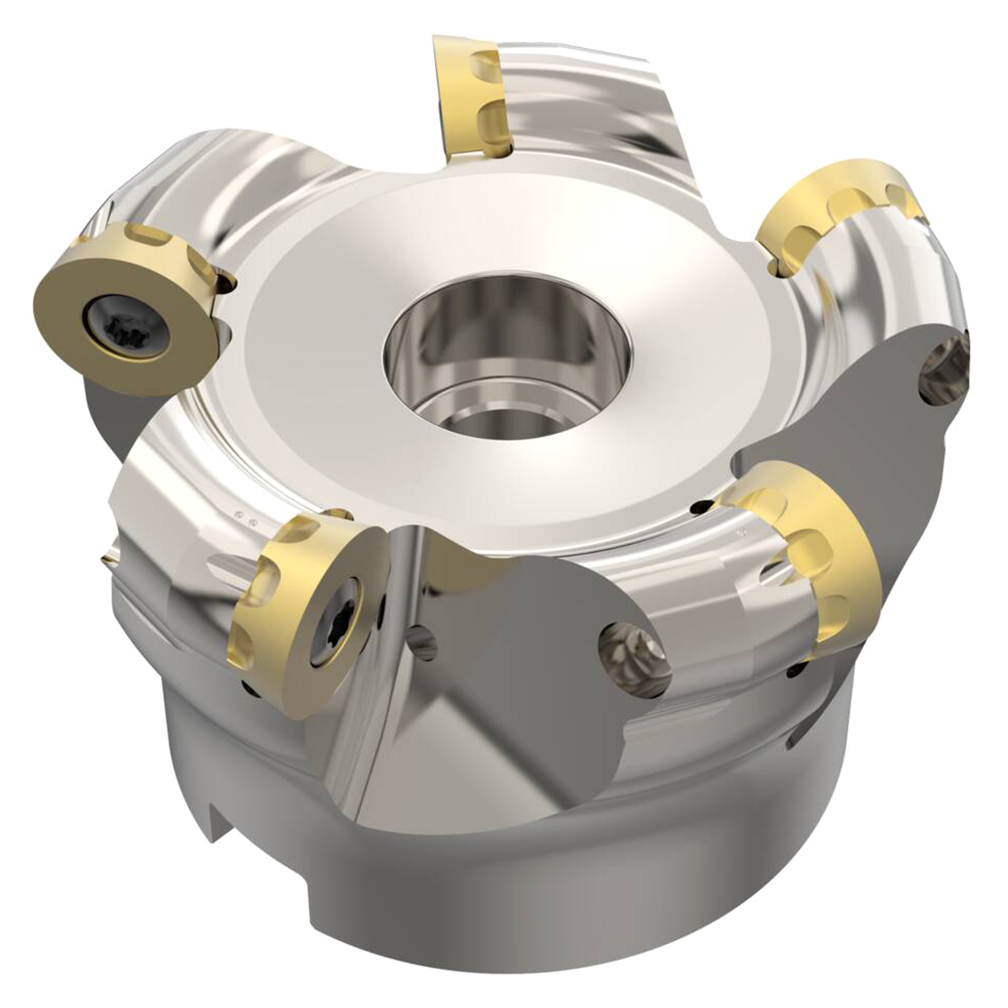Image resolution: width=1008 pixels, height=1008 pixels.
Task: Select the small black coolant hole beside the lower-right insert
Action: [702, 509]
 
